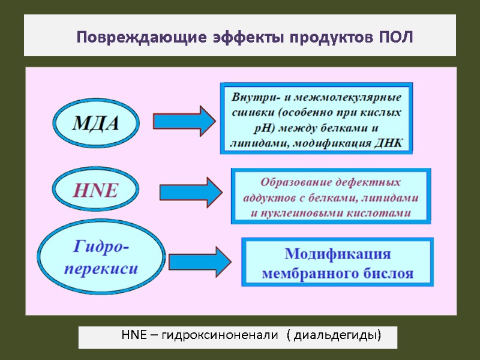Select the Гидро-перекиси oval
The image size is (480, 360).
click(101, 257)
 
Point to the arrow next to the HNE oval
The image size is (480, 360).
click(191, 192)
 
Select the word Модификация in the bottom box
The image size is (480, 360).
click(337, 253)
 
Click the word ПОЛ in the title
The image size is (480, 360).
click(397, 38)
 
